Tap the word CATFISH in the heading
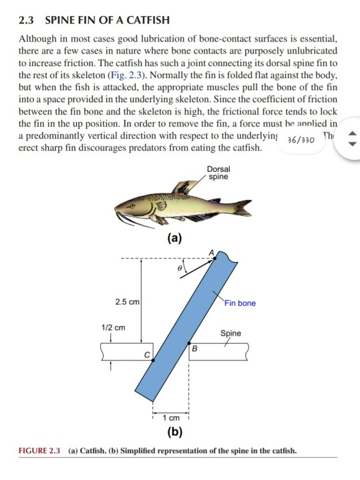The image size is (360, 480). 147,21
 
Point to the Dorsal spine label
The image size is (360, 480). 218,173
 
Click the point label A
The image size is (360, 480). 212,251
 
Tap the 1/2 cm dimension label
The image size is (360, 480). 112,328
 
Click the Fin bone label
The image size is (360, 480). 240,303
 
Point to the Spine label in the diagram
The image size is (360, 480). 231,333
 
